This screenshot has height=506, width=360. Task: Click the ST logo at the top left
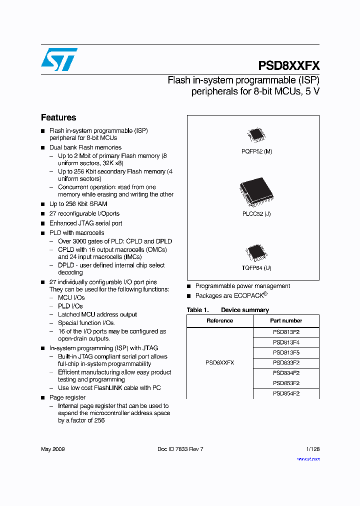[x=59, y=59]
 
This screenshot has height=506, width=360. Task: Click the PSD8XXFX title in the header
[x=289, y=66]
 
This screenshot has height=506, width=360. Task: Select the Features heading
[x=58, y=117]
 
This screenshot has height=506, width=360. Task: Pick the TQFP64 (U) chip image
[x=256, y=252]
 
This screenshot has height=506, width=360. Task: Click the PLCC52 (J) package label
[x=256, y=213]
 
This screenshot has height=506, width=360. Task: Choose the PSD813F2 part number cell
[x=286, y=332]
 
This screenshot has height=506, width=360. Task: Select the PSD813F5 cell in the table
[x=286, y=352]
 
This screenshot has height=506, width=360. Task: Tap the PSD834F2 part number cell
[x=286, y=373]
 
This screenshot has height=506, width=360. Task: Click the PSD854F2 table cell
[x=286, y=393]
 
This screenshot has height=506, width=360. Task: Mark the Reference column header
[x=219, y=320]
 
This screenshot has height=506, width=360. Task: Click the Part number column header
[x=286, y=320]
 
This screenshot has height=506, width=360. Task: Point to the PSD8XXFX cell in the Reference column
[x=219, y=362]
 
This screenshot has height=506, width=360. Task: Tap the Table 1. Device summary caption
[x=227, y=310]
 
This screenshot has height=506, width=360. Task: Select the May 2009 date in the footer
[x=52, y=449]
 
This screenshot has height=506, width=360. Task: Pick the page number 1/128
[x=312, y=449]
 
